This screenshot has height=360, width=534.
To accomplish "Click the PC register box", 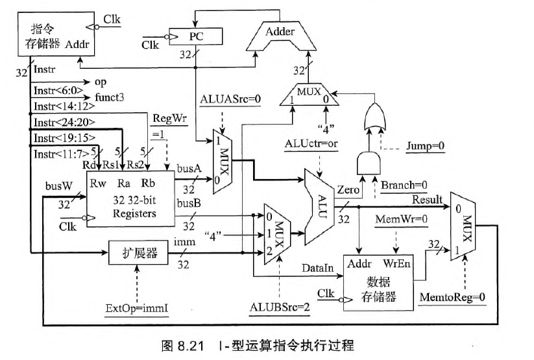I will [196, 36].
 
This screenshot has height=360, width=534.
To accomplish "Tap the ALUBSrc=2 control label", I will [279, 305].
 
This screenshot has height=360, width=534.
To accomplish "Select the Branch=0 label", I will [403, 184].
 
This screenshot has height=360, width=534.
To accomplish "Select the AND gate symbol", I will [367, 162].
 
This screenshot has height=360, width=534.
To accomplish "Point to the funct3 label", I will [110, 97].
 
